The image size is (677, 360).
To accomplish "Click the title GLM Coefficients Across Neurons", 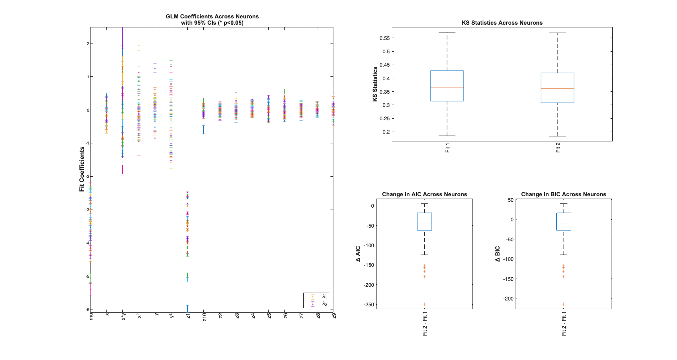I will pyautogui.click(x=212, y=16).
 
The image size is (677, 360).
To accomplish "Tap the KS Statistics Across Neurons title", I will pyautogui.click(x=502, y=23).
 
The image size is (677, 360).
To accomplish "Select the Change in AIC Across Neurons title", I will pyautogui.click(x=424, y=194).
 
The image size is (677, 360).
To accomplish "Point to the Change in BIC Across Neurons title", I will pyautogui.click(x=563, y=194).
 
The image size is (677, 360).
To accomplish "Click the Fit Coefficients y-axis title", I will pyautogui.click(x=82, y=169).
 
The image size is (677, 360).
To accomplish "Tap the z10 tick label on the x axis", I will pyautogui.click(x=204, y=317).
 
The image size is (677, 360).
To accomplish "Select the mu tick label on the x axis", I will pyautogui.click(x=91, y=316).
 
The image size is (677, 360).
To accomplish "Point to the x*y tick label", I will pyautogui.click(x=124, y=317).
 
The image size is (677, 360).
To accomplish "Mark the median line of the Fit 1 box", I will pyautogui.click(x=447, y=87).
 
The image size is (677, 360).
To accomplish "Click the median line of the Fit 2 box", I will pyautogui.click(x=557, y=89).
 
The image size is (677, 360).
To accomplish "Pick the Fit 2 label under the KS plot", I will pyautogui.click(x=558, y=148).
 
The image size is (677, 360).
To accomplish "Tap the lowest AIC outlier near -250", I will pyautogui.click(x=424, y=304).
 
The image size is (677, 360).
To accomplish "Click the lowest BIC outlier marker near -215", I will pyautogui.click(x=563, y=304).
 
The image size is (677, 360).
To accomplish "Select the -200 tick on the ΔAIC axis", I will pyautogui.click(x=369, y=285).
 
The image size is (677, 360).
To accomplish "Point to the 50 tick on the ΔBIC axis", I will pyautogui.click(x=510, y=200).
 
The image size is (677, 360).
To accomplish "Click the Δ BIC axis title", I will pyautogui.click(x=498, y=254).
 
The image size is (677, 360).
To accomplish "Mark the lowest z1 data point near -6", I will pyautogui.click(x=188, y=309).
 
